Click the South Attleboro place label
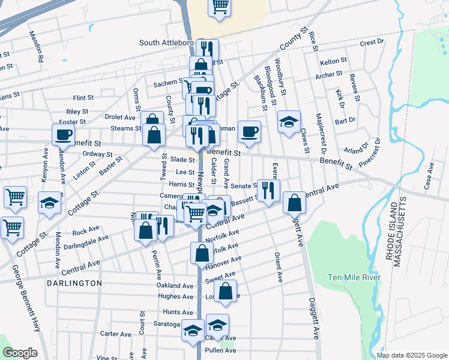click(x=166, y=43)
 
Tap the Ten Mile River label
click(x=354, y=277)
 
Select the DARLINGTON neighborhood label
click(x=74, y=283)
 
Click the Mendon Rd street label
click(x=37, y=47)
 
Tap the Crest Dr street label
click(x=372, y=43)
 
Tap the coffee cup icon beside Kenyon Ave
click(x=63, y=134)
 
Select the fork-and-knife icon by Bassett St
click(x=268, y=190)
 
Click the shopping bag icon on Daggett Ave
click(x=294, y=203)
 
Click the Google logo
click(x=19, y=353)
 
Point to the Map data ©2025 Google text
click(x=411, y=355)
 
